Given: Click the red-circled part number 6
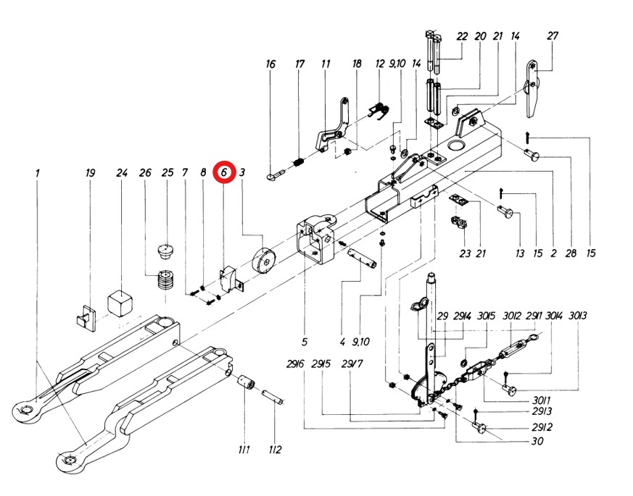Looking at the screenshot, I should coord(225,172).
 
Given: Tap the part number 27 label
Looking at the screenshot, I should coord(553,36).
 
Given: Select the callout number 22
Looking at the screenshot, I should coord(462,36).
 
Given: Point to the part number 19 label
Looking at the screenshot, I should coord(90,173).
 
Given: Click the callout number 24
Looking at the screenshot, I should coord(122,173).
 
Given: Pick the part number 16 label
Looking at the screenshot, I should coord(270,64).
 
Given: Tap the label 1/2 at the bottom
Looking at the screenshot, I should coord(275,450).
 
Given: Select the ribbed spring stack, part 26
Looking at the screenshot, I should coord(168,280).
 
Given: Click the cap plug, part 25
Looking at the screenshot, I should coord(167,252).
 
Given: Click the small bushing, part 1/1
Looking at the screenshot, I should coord(247,381).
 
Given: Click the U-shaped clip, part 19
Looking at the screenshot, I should coord(83,316).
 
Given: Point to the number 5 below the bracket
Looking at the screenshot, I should coord(305,341).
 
